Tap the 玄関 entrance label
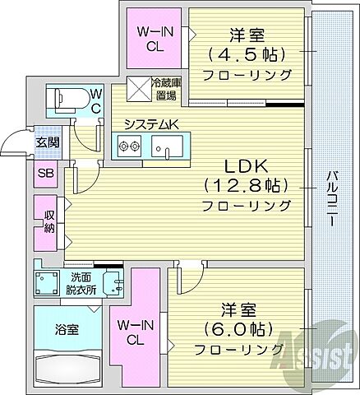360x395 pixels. pos(46,142)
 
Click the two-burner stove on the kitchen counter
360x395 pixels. pos(128,148)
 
